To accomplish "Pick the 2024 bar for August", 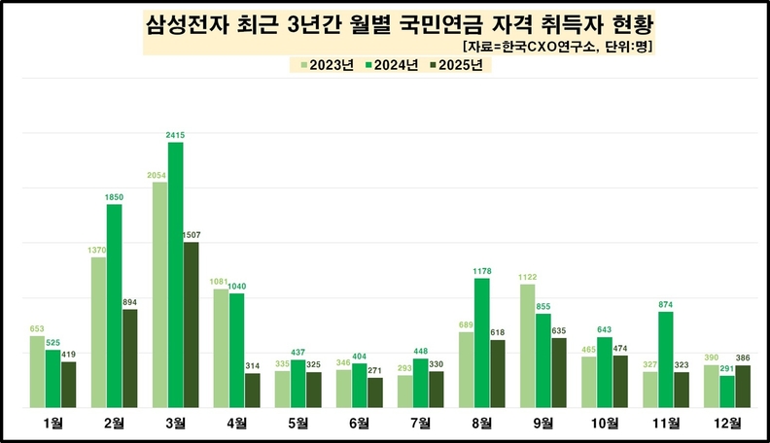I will [x=482, y=343].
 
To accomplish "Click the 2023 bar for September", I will [x=528, y=346].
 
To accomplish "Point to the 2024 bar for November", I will [x=666, y=359].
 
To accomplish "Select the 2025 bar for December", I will [x=743, y=387].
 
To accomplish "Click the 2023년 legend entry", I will [x=325, y=66].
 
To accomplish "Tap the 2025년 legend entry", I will [x=462, y=66].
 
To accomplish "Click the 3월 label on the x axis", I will [x=175, y=423].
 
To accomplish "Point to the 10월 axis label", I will [x=604, y=423].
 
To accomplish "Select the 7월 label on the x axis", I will [x=420, y=423].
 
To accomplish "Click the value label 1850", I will [x=114, y=197].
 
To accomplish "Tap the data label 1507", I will [x=192, y=235].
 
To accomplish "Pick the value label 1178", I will [x=482, y=271].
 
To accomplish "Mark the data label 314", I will [x=252, y=366].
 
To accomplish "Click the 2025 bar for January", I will [x=68, y=385].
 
